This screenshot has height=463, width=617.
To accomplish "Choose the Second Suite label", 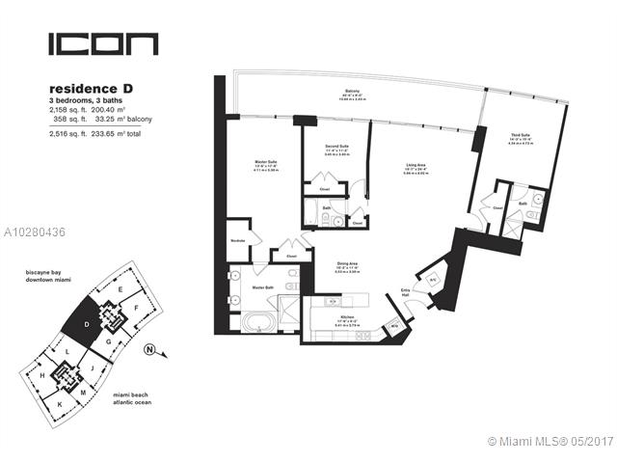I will point(336,148).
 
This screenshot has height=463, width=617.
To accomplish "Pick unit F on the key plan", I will point(137,309).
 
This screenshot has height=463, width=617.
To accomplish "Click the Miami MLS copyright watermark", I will point(550,442).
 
